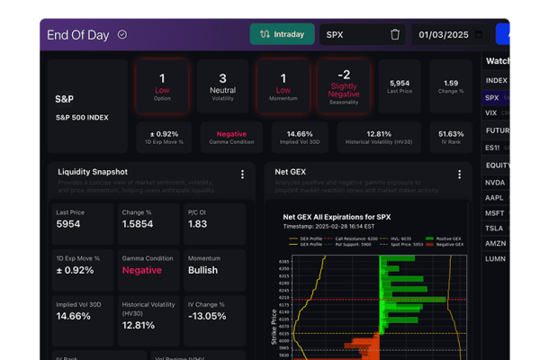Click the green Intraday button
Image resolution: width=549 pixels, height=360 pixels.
(282, 34)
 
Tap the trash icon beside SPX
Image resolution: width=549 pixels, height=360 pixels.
(395, 34)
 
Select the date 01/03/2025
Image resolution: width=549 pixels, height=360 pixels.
(445, 35)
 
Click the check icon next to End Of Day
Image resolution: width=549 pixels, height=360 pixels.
(122, 35)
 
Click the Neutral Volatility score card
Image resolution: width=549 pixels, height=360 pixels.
(223, 85)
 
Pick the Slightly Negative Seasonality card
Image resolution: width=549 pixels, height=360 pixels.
(344, 85)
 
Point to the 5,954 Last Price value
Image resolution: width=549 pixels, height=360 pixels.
(400, 83)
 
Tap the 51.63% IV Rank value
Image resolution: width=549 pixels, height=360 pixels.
(451, 133)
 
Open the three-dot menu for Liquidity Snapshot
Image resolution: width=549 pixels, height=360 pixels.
(242, 175)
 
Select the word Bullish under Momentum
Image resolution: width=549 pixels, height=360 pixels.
(202, 270)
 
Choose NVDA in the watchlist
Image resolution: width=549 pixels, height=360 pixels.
(495, 182)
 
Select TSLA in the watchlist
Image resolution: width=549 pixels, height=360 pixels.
(493, 228)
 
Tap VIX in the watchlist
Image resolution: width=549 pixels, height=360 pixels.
(490, 113)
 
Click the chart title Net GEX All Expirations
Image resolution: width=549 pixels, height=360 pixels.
(337, 217)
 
